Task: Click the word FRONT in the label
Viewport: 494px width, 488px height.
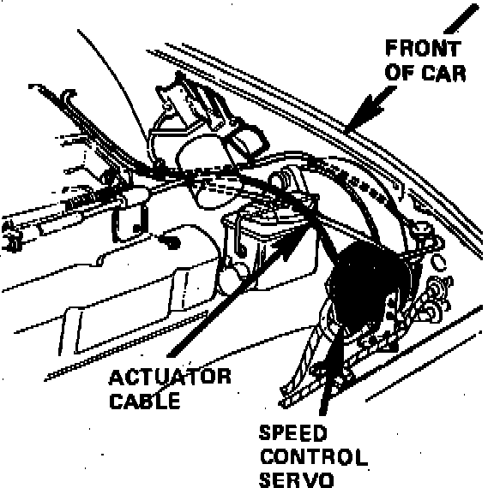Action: point(423,49)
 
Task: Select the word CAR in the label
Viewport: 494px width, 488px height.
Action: point(443,73)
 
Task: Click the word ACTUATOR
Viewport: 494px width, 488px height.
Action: point(170,377)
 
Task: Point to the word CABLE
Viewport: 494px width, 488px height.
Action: point(145,401)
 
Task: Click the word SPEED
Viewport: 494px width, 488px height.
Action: point(293,432)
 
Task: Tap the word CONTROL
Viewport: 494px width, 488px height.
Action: point(314,457)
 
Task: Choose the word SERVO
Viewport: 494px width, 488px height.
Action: point(296,480)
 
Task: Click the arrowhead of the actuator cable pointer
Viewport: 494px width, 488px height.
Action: point(294,241)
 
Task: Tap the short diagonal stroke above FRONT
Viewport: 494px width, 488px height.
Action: point(461,19)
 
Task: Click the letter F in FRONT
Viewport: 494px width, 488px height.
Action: point(392,49)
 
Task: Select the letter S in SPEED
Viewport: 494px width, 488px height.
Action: point(265,432)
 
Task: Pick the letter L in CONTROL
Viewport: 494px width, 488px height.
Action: point(361,457)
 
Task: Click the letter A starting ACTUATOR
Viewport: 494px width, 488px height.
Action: point(116,377)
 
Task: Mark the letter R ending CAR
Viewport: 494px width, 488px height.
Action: point(459,73)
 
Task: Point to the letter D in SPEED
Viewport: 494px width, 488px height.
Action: point(320,432)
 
